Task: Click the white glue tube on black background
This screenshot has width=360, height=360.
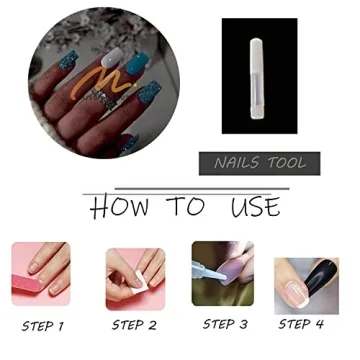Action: point(270,76)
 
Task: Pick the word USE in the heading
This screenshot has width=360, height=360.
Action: point(255,207)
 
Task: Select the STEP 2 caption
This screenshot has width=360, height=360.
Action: point(134,324)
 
